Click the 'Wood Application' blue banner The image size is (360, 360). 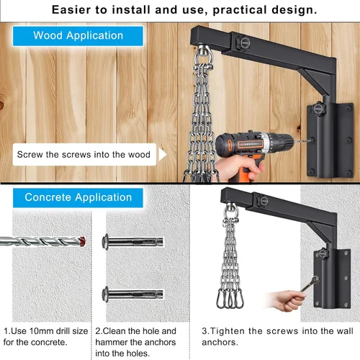(78, 35)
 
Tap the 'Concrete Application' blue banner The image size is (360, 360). (78, 197)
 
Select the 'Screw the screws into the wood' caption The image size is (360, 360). (84, 154)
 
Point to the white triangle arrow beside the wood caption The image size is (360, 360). (162, 154)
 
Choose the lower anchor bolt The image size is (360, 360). (134, 294)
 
